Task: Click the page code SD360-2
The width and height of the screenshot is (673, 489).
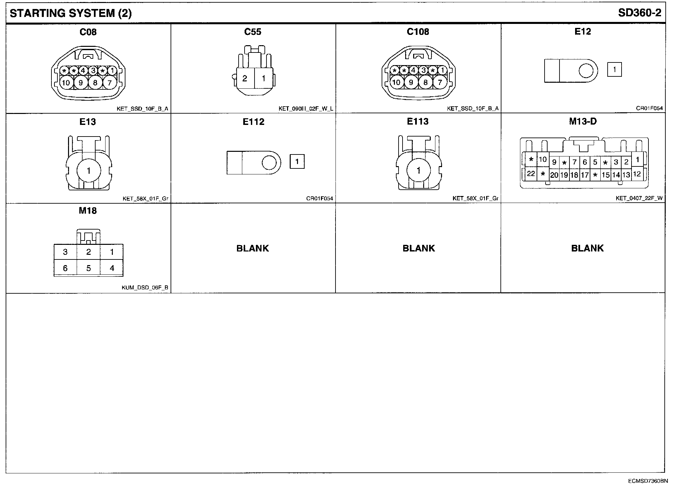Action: pyautogui.click(x=640, y=13)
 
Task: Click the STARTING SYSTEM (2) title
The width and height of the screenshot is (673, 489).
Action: pyautogui.click(x=71, y=13)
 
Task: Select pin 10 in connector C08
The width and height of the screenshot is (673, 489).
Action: pyautogui.click(x=66, y=82)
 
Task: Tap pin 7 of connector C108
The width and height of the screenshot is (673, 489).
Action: pyautogui.click(x=440, y=82)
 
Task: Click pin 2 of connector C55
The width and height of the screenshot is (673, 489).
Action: pyautogui.click(x=245, y=78)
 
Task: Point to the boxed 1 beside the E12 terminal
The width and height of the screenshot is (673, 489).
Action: pyautogui.click(x=615, y=70)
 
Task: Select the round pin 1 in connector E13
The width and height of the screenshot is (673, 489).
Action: pyautogui.click(x=89, y=171)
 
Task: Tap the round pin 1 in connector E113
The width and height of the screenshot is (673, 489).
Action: pyautogui.click(x=418, y=170)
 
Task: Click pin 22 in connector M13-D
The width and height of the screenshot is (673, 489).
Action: pyautogui.click(x=531, y=174)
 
